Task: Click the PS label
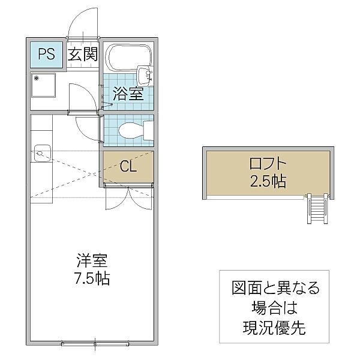pos(47,55)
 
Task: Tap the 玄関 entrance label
pos(82,55)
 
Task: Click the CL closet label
pos(128,166)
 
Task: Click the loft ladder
pos(316,209)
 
